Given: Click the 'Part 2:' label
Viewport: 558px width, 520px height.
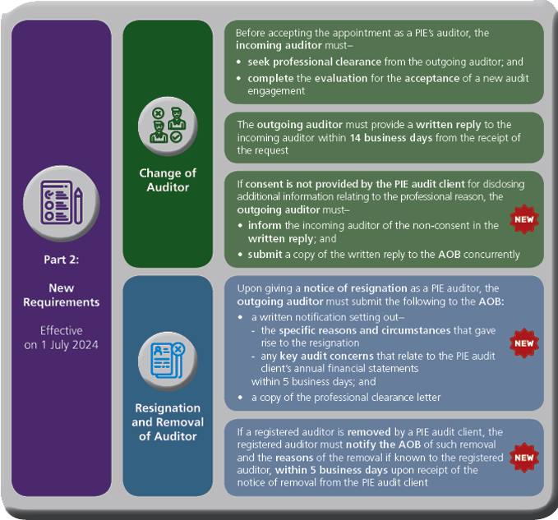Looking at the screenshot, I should [61, 260].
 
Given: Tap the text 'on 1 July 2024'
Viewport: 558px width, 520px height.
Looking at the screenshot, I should [61, 345].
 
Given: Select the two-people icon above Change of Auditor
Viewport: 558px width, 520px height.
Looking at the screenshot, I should [167, 127].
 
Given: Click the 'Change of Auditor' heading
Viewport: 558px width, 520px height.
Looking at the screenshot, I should [167, 180].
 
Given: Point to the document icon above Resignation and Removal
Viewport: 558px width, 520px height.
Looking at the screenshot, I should [167, 359].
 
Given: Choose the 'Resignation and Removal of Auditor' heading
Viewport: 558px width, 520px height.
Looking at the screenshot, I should [167, 421].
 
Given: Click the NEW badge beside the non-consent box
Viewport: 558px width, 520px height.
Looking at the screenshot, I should [523, 219].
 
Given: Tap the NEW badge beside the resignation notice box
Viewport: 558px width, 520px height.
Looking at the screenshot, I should [523, 343].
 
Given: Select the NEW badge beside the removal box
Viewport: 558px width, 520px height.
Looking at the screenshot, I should [523, 457].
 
